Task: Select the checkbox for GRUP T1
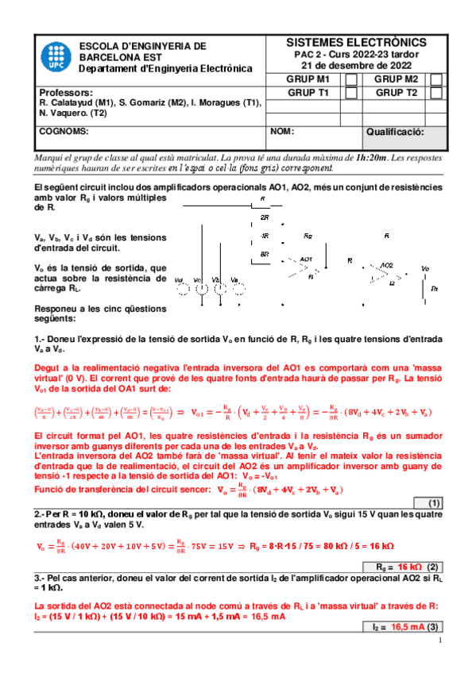(x=351, y=93)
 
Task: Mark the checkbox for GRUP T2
(x=436, y=93)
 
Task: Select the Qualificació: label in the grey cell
(x=395, y=132)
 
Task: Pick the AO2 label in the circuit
(x=386, y=264)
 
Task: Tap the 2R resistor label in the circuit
(x=264, y=217)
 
